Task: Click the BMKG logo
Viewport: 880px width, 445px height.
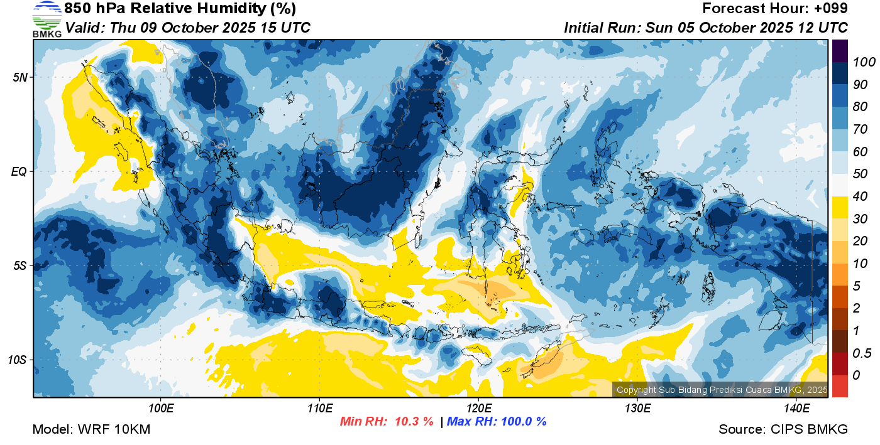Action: (x=47, y=19)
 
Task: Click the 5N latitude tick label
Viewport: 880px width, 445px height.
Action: (x=20, y=77)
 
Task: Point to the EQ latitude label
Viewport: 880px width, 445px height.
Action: (x=19, y=171)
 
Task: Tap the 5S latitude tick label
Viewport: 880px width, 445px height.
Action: (x=20, y=266)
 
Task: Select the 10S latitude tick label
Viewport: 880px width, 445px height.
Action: (x=18, y=360)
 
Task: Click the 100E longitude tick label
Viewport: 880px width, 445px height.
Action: (x=161, y=408)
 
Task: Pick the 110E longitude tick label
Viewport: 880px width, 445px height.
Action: (x=320, y=408)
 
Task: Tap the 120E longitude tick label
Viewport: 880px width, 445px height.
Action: (x=478, y=408)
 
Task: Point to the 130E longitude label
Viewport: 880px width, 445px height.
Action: (x=637, y=408)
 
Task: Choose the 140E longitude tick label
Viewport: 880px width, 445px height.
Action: (x=796, y=408)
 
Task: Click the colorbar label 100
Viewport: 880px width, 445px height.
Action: (x=864, y=62)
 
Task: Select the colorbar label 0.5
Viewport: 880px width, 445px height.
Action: (x=862, y=353)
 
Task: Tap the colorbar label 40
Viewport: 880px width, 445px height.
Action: (x=860, y=196)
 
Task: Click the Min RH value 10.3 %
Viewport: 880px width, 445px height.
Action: (x=414, y=421)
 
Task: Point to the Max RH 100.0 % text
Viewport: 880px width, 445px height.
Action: (x=497, y=421)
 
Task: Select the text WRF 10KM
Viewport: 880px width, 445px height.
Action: (x=114, y=429)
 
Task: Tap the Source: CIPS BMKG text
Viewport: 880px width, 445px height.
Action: (x=783, y=429)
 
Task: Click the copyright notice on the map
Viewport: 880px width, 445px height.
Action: (x=722, y=390)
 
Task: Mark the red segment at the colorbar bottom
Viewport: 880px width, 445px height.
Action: (x=840, y=386)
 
